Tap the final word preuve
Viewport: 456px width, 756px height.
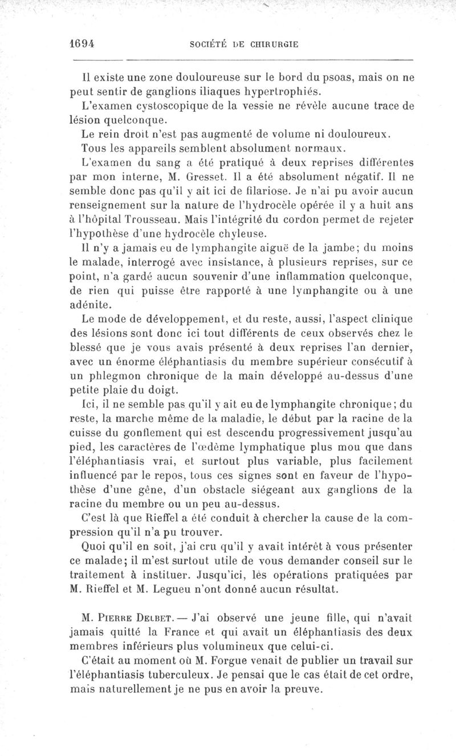(300, 690)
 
